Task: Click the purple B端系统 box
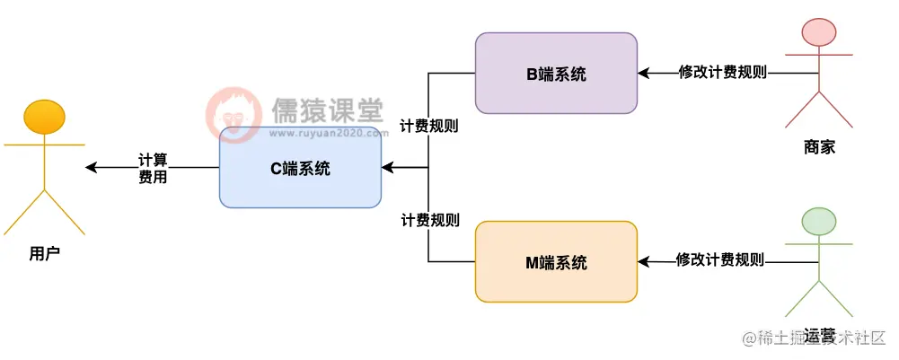(x=556, y=74)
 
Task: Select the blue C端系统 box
(x=300, y=168)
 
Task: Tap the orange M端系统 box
(x=556, y=262)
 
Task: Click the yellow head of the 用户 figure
(x=44, y=118)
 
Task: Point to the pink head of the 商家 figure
(x=818, y=34)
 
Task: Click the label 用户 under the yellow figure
(x=44, y=254)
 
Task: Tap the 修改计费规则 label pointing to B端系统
(x=723, y=73)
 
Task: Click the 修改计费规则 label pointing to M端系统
(x=720, y=260)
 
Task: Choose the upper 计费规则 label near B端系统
(x=429, y=127)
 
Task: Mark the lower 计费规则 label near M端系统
(x=430, y=220)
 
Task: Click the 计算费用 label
(x=153, y=168)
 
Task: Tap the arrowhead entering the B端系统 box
(x=644, y=73)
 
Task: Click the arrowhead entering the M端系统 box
(x=644, y=261)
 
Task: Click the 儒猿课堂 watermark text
(x=327, y=111)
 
